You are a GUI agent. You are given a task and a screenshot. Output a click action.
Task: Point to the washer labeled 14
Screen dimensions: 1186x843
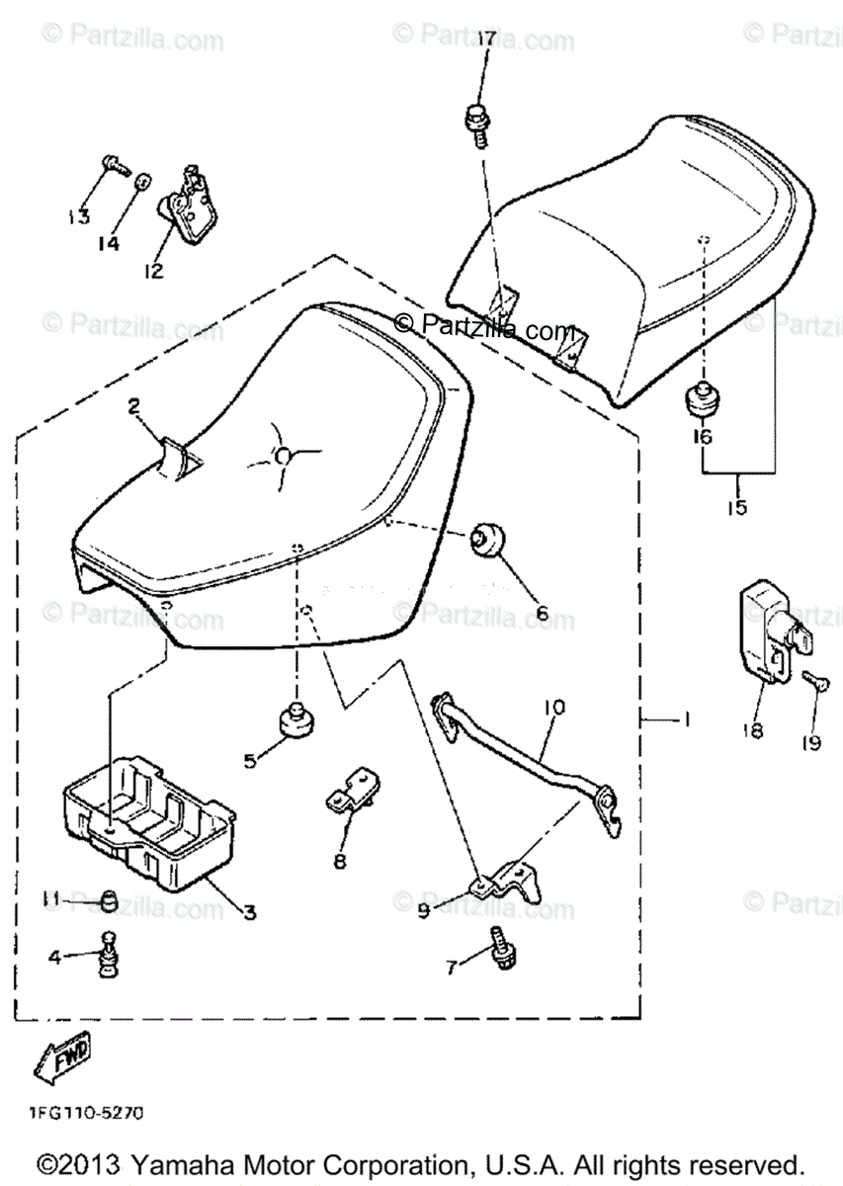[x=142, y=182]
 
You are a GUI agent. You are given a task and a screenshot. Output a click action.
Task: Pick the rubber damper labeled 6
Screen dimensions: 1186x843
[x=487, y=540]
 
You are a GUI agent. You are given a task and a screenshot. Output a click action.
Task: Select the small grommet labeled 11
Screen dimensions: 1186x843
[x=111, y=898]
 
